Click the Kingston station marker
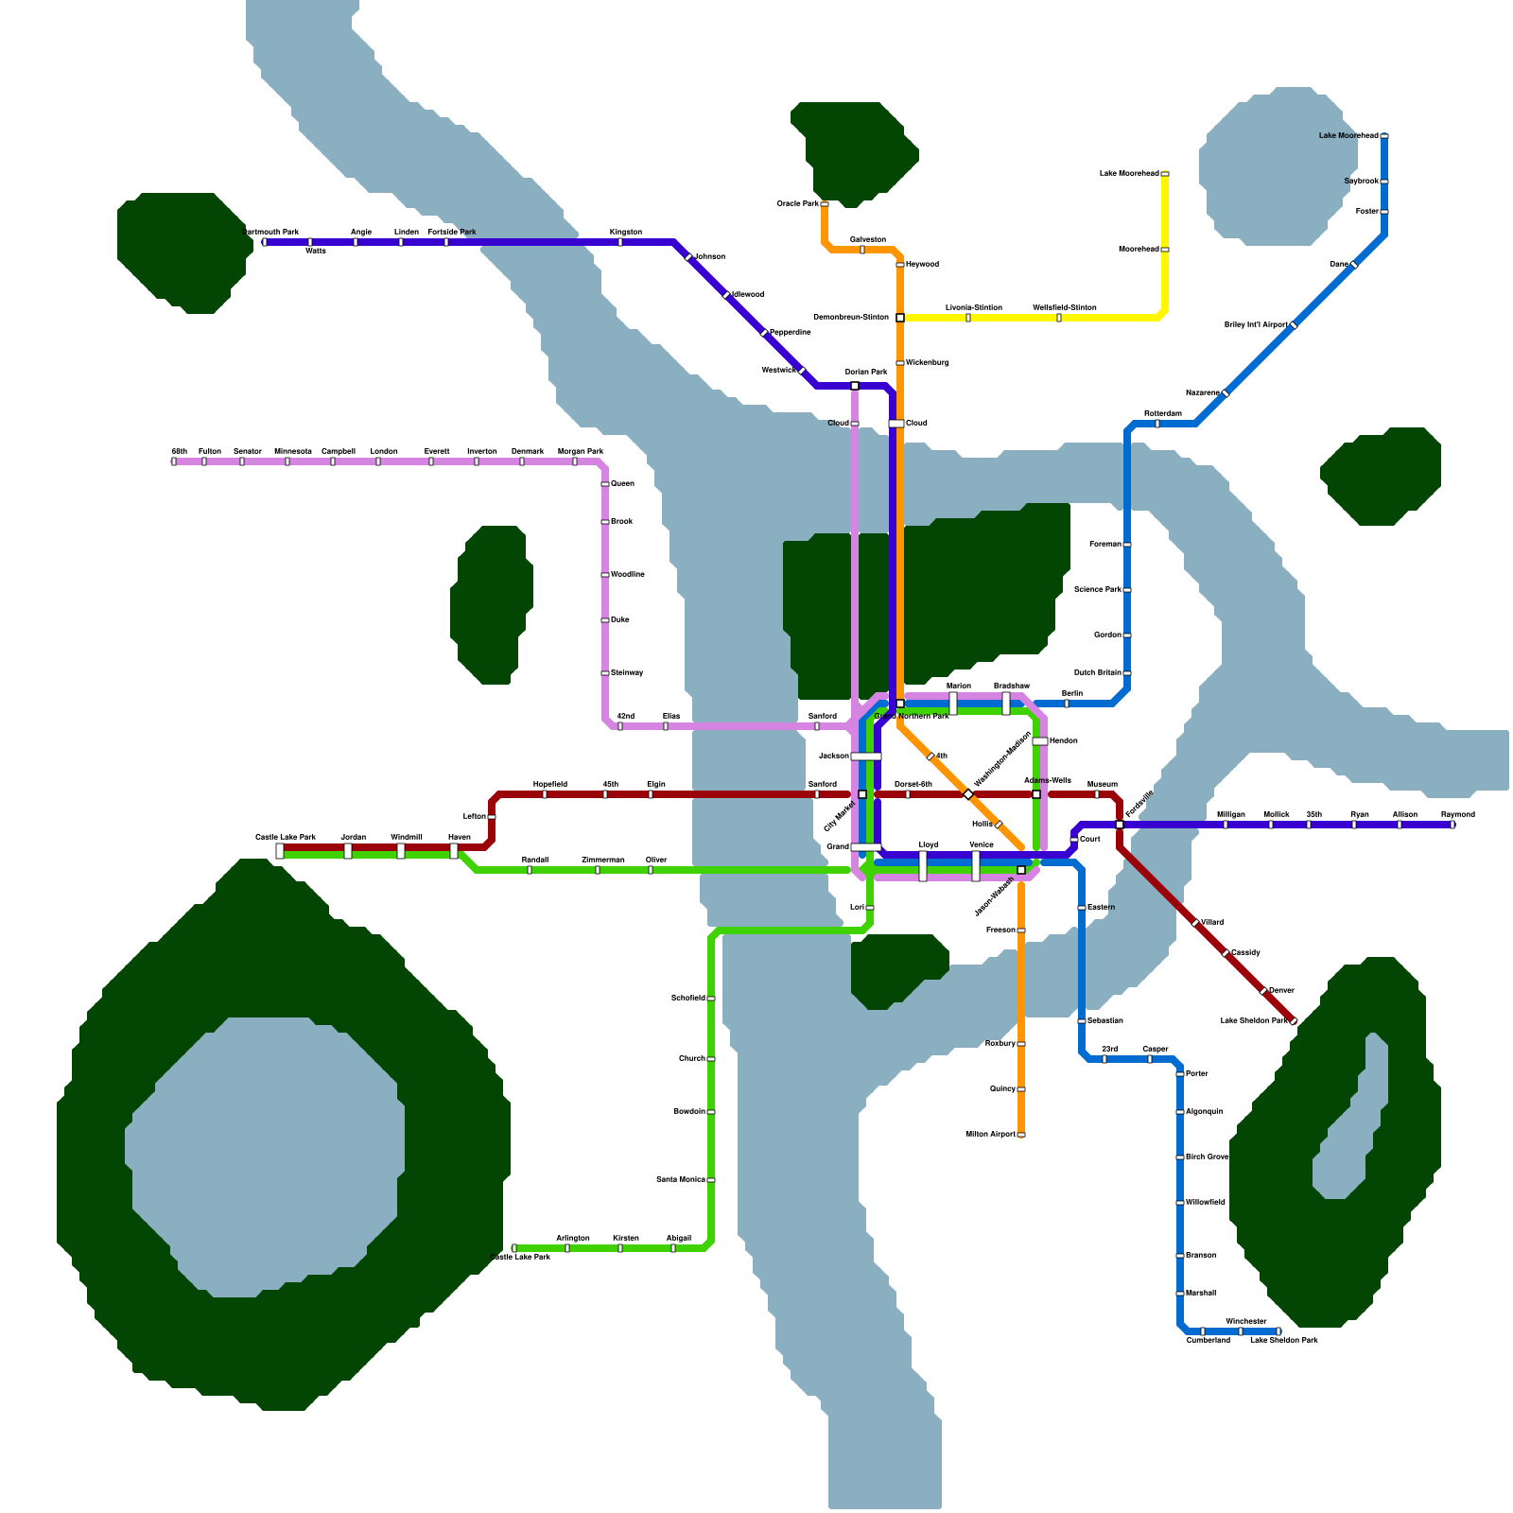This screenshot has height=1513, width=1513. coord(620,242)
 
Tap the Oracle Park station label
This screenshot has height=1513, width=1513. coord(797,203)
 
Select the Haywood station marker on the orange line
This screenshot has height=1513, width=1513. coord(900,265)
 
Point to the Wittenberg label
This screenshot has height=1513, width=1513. coord(927,362)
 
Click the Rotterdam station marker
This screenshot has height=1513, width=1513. coord(1157,424)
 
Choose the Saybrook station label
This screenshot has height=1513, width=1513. coord(1361,181)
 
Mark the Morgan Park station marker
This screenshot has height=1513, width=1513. coord(575,461)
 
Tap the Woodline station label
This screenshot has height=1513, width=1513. coord(628,574)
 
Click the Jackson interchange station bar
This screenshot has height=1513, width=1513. coord(866,756)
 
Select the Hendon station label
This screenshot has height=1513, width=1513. coord(1063,740)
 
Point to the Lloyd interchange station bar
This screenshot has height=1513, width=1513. coord(923,866)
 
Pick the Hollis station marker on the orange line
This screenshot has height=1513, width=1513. coord(999,825)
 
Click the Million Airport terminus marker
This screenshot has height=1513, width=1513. coord(1021,1135)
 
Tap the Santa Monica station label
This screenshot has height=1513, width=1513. coord(680,1179)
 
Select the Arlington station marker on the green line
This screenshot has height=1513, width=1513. coord(567,1248)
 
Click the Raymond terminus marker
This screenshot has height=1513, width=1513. coord(1452,825)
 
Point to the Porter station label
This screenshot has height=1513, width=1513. coord(1196,1073)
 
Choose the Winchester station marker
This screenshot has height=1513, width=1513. coord(1241,1331)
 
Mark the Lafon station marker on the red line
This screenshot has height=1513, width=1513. coord(492,817)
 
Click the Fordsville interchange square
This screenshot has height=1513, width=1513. coord(1120,825)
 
